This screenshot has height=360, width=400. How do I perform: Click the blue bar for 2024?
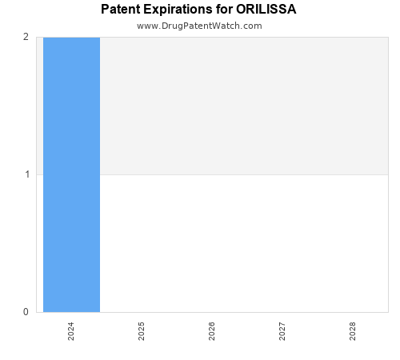coord(71,174)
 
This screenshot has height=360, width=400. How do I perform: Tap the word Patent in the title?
coord(122,10)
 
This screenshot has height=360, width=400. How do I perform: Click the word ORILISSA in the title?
coord(266,10)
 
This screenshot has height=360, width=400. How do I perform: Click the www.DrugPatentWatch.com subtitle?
coord(199,26)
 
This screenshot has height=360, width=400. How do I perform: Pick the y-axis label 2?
coord(26,37)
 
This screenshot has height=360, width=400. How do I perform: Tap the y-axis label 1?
coord(26,174)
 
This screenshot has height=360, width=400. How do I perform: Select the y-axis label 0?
coord(26,312)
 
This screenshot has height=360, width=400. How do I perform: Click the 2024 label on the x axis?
coord(71,332)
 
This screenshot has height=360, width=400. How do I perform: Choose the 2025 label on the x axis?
coord(142,332)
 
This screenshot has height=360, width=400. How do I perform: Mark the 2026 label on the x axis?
coord(212,332)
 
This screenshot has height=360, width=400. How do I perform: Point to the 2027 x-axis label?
coord(282,332)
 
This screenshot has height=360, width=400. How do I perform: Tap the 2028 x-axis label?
coord(353,332)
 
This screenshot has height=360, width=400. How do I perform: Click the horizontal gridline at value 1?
coord(240,174)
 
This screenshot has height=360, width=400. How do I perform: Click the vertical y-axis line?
coord(36,240)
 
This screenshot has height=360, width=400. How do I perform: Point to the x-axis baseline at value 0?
coord(240,312)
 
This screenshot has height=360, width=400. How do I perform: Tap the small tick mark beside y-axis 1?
coord(34,174)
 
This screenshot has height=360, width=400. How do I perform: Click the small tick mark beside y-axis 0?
coord(34,312)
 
